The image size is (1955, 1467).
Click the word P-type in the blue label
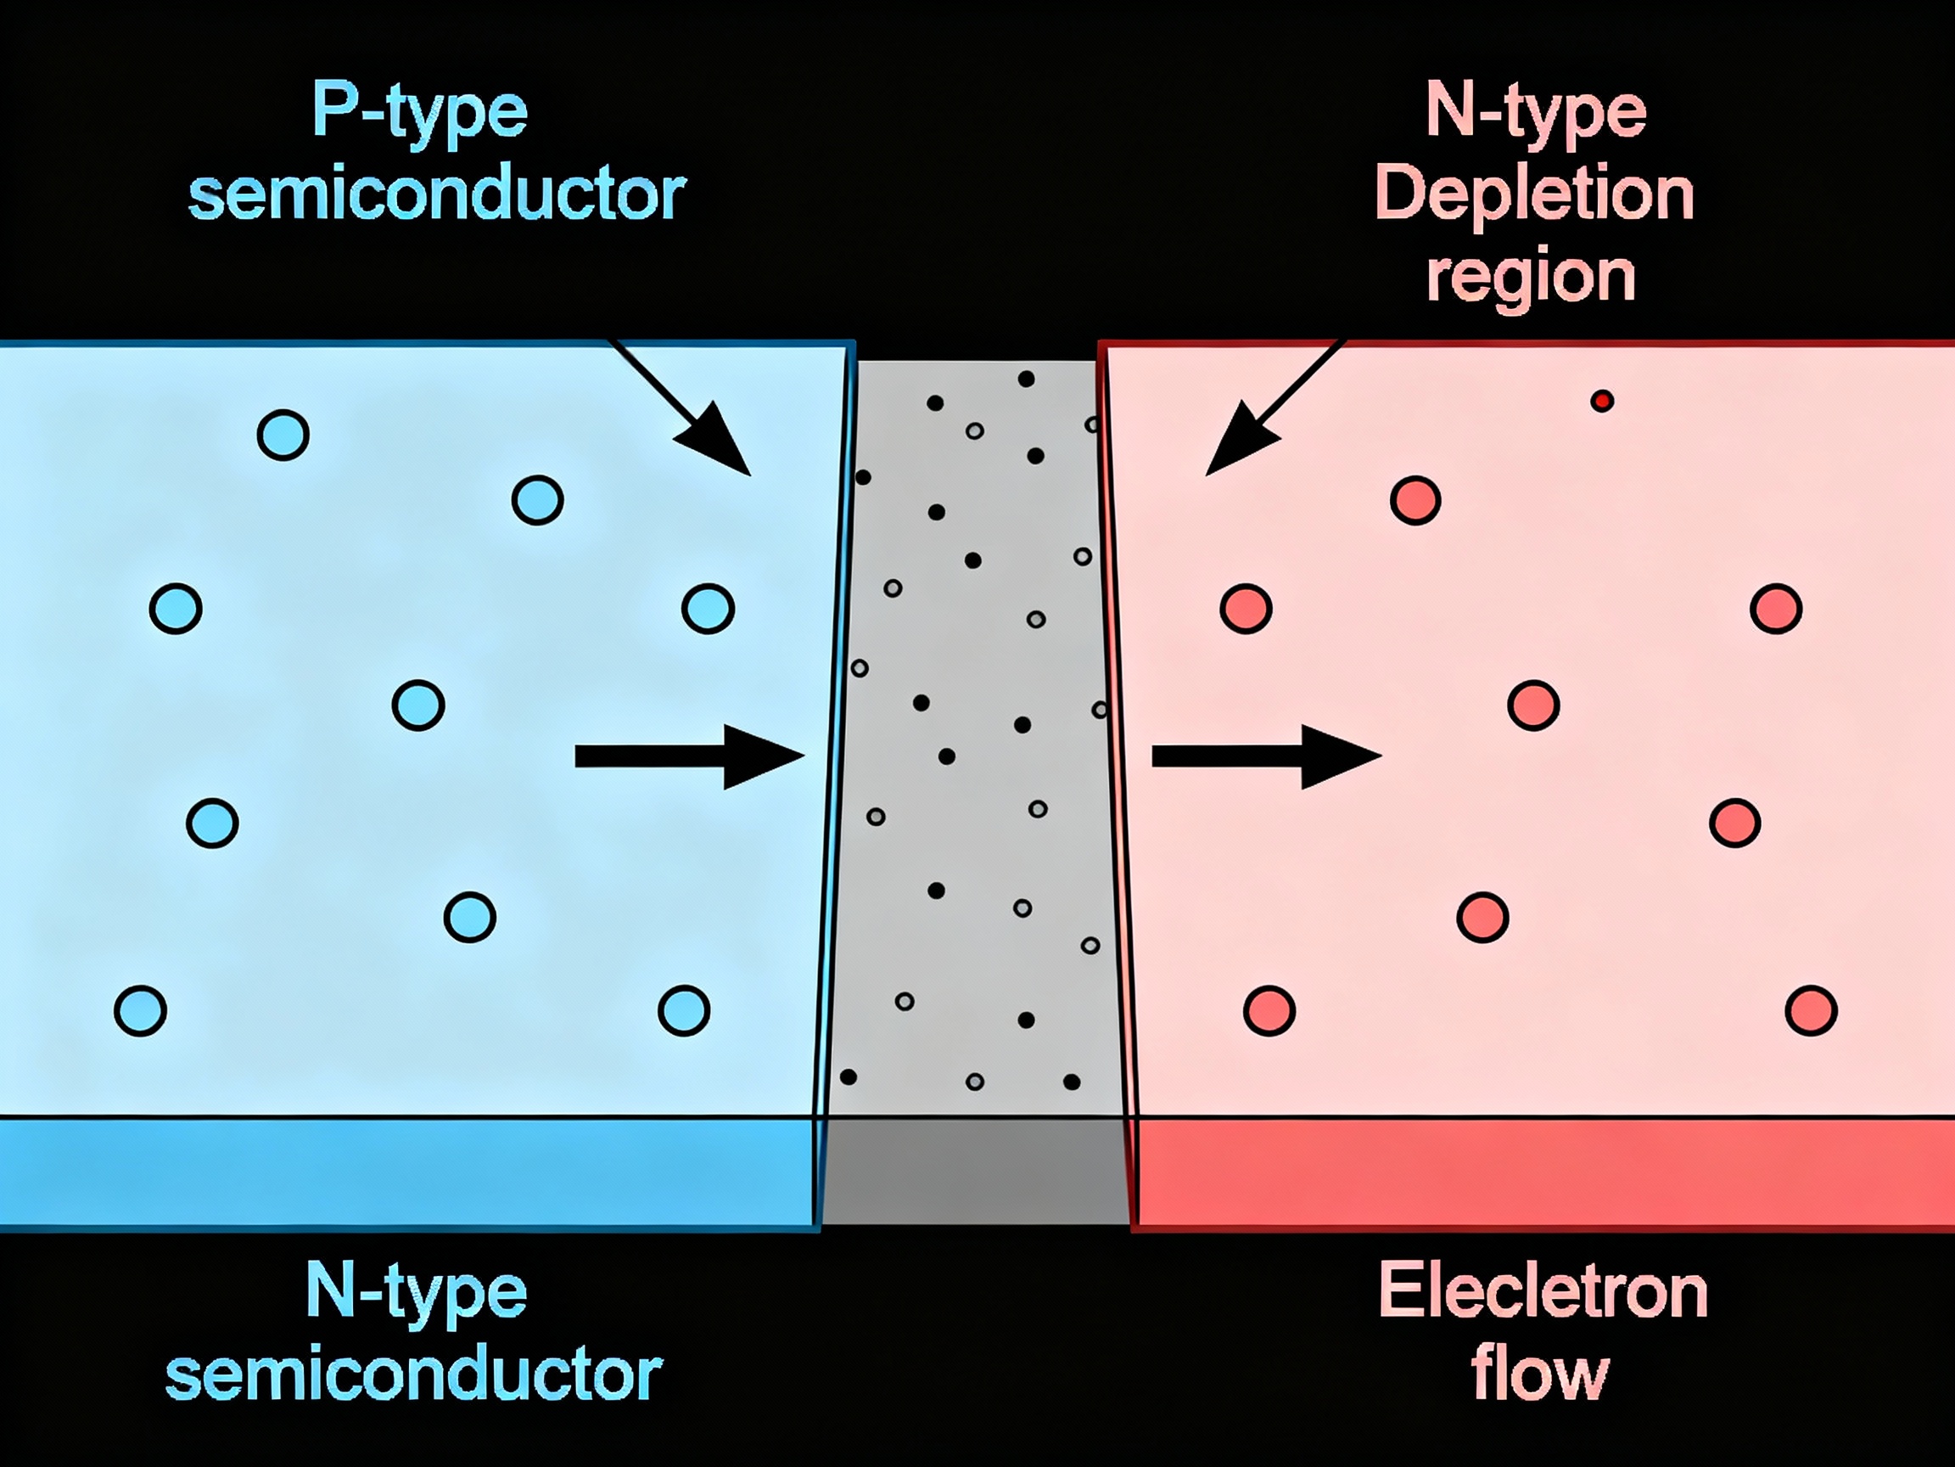click(420, 113)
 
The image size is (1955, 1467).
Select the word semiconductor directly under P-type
click(437, 194)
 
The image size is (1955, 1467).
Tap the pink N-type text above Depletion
click(1535, 113)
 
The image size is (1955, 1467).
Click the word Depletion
click(1534, 194)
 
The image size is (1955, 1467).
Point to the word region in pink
click(1531, 278)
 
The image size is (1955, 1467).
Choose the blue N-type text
click(417, 1294)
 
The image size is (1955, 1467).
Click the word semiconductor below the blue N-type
click(413, 1375)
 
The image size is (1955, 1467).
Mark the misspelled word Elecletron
click(1543, 1293)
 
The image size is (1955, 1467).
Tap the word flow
click(1539, 1375)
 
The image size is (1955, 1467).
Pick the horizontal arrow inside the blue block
click(688, 756)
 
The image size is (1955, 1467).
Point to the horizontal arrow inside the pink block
click(1266, 756)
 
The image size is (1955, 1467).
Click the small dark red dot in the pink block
click(1602, 402)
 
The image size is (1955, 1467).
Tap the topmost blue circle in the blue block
click(283, 434)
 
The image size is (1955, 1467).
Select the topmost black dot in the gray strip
click(1026, 379)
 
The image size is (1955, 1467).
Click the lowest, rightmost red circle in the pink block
click(1811, 1009)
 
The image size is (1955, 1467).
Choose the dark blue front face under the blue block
click(406, 1172)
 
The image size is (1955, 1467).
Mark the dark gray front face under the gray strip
click(976, 1172)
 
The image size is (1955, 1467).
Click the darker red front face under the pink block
click(1543, 1172)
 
